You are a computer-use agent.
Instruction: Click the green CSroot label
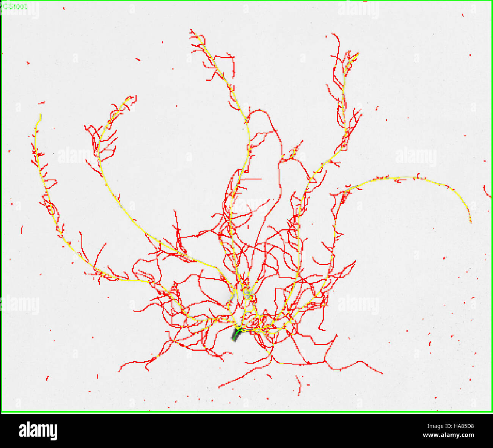(14, 6)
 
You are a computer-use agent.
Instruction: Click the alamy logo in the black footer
(38, 431)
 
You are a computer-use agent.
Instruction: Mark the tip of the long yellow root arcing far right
(471, 222)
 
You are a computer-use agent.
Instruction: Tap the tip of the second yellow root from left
(131, 98)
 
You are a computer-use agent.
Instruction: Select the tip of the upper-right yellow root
(358, 54)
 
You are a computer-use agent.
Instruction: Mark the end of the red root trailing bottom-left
(119, 371)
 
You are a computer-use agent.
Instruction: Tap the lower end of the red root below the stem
(220, 387)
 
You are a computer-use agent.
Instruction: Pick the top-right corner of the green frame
(491, 1)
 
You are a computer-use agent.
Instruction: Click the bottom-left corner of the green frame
(2, 412)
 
